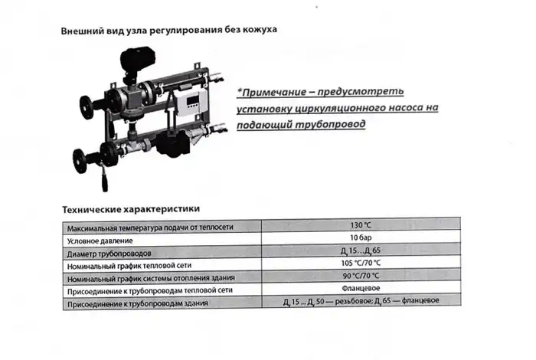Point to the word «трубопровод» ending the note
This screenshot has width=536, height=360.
(x=325, y=123)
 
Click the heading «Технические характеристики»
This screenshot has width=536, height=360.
(x=130, y=208)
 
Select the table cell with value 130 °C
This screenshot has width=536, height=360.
(x=360, y=226)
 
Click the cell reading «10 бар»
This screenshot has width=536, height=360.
(x=360, y=239)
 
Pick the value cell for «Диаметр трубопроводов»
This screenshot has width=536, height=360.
(x=360, y=252)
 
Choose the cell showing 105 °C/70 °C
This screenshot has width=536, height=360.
(x=360, y=264)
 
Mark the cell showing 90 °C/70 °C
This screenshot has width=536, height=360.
(x=360, y=277)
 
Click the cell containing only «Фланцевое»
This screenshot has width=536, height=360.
(x=360, y=290)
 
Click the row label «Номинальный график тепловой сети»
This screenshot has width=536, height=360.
(x=132, y=265)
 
